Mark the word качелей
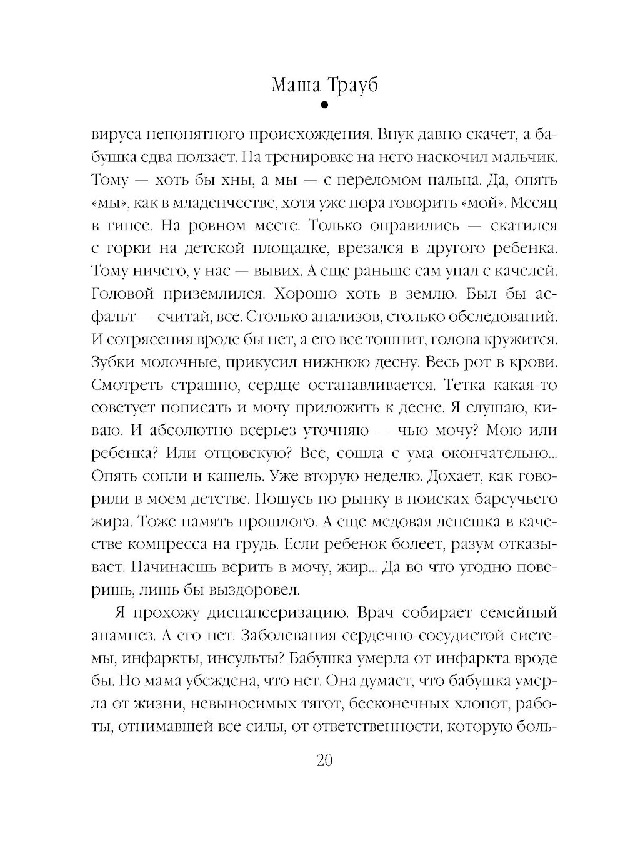(x=519, y=273)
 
